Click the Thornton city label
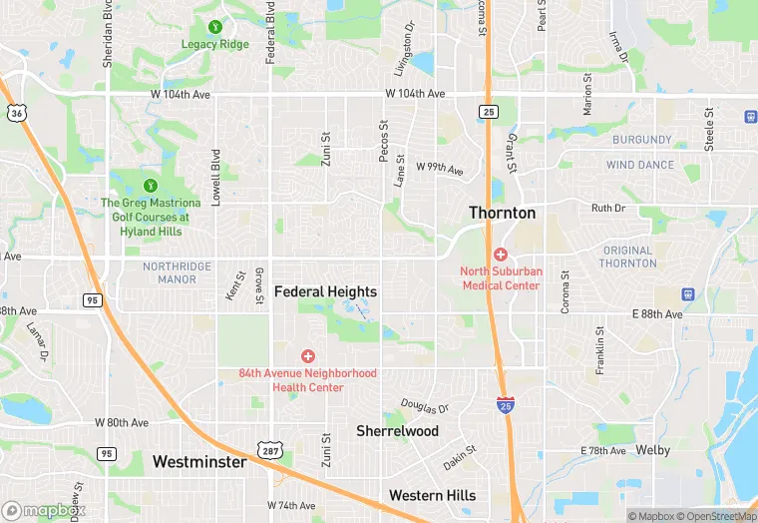pyautogui.click(x=503, y=213)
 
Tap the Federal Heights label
pyautogui.click(x=325, y=291)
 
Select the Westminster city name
pyautogui.click(x=199, y=462)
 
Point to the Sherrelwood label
pyautogui.click(x=398, y=431)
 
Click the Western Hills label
pyautogui.click(x=432, y=495)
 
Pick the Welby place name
pyautogui.click(x=652, y=450)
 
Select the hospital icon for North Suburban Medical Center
pyautogui.click(x=500, y=255)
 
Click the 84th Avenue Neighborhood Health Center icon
pyautogui.click(x=307, y=356)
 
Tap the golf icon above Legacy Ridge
pyautogui.click(x=215, y=27)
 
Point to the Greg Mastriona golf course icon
pyautogui.click(x=151, y=185)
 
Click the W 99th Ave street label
pyautogui.click(x=440, y=168)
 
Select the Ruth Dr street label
pyautogui.click(x=607, y=209)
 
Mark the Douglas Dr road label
pyautogui.click(x=425, y=407)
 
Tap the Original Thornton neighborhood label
pyautogui.click(x=628, y=257)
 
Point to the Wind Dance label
pyautogui.click(x=640, y=165)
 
